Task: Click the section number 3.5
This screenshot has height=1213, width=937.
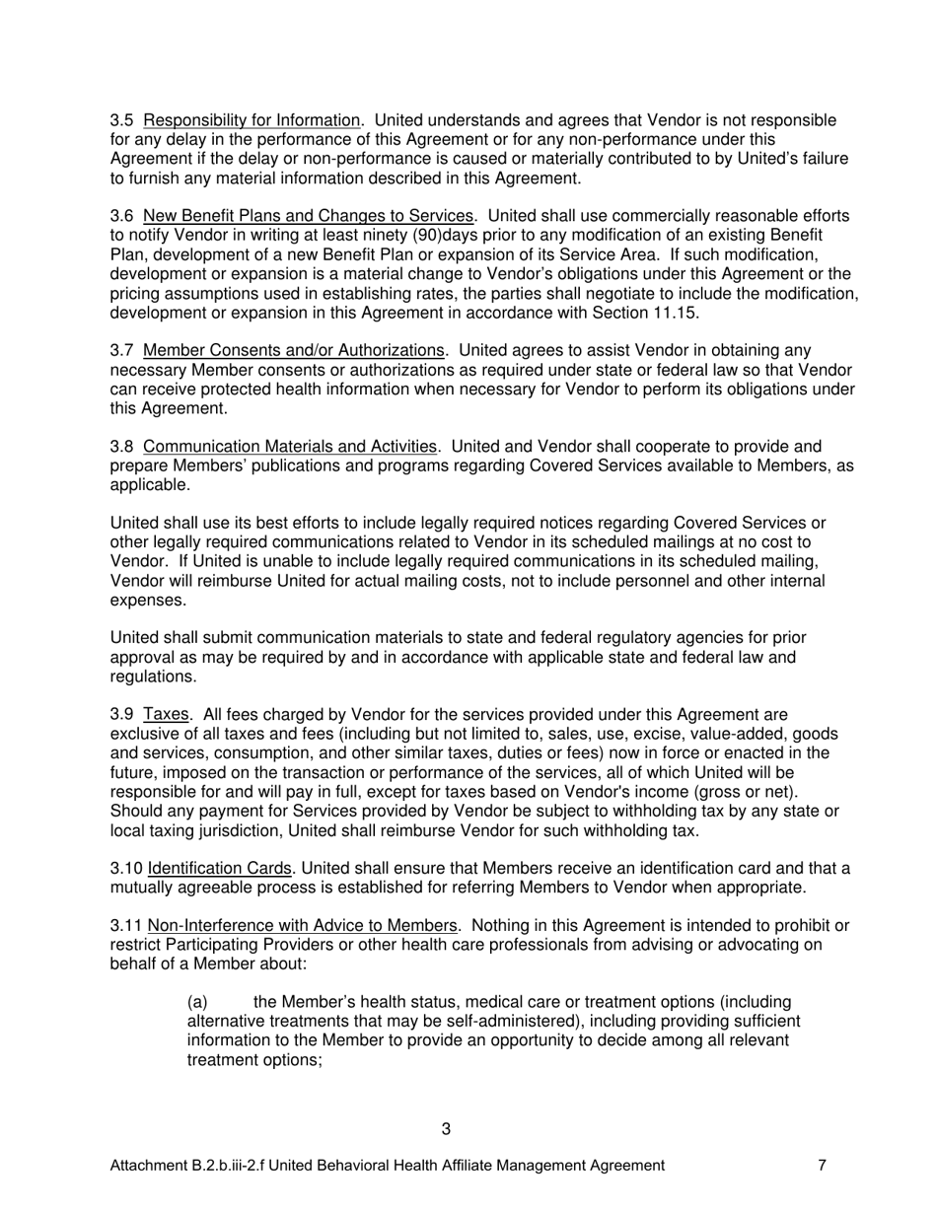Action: pyautogui.click(x=121, y=121)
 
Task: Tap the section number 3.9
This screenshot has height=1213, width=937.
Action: pyautogui.click(x=121, y=715)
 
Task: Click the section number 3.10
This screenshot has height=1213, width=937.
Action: pyautogui.click(x=125, y=869)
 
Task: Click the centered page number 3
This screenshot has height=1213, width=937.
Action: pyautogui.click(x=446, y=1129)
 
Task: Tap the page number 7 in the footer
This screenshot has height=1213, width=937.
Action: pyautogui.click(x=822, y=1166)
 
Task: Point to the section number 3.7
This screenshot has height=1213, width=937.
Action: pyautogui.click(x=121, y=351)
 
